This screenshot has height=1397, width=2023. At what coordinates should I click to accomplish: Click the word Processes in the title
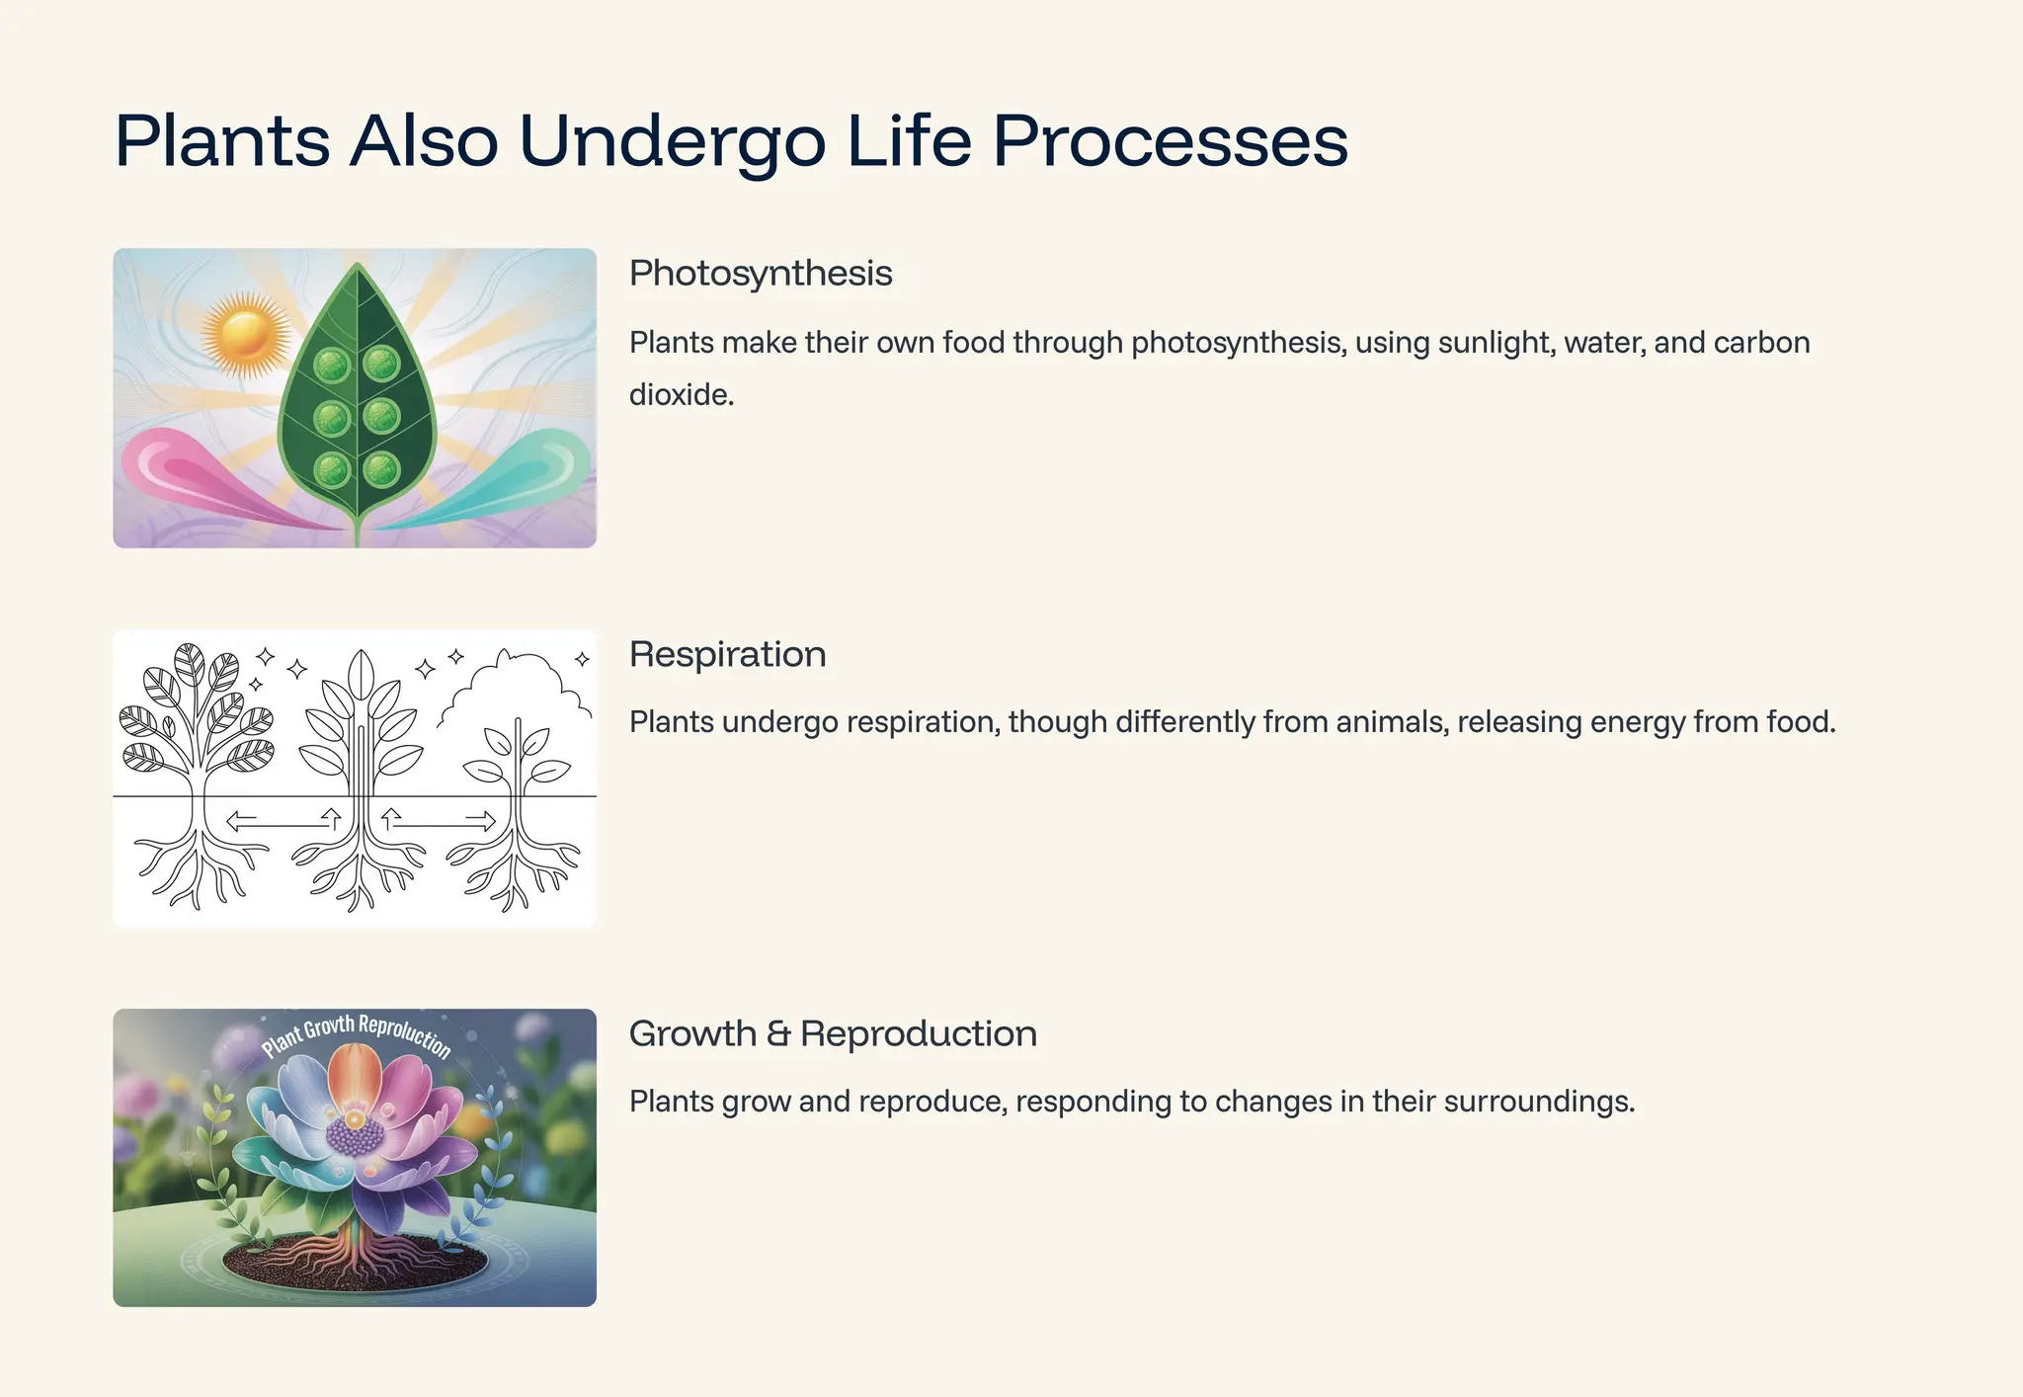pyautogui.click(x=1170, y=141)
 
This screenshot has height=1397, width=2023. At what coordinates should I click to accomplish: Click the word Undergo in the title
pyautogui.click(x=672, y=141)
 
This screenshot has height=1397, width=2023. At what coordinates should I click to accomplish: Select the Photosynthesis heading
pyautogui.click(x=761, y=274)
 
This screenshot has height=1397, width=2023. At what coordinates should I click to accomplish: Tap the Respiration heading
pyautogui.click(x=727, y=654)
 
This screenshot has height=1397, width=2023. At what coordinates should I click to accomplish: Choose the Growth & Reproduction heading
pyautogui.click(x=833, y=1033)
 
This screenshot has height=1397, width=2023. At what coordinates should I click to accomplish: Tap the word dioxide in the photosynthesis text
pyautogui.click(x=681, y=395)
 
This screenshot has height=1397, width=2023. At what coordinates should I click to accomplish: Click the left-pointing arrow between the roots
pyautogui.click(x=242, y=820)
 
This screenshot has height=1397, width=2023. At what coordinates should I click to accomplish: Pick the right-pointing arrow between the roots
pyautogui.click(x=481, y=820)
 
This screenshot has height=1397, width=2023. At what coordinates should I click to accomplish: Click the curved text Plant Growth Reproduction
pyautogui.click(x=356, y=1032)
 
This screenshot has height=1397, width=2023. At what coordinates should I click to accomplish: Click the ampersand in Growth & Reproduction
pyautogui.click(x=778, y=1034)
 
